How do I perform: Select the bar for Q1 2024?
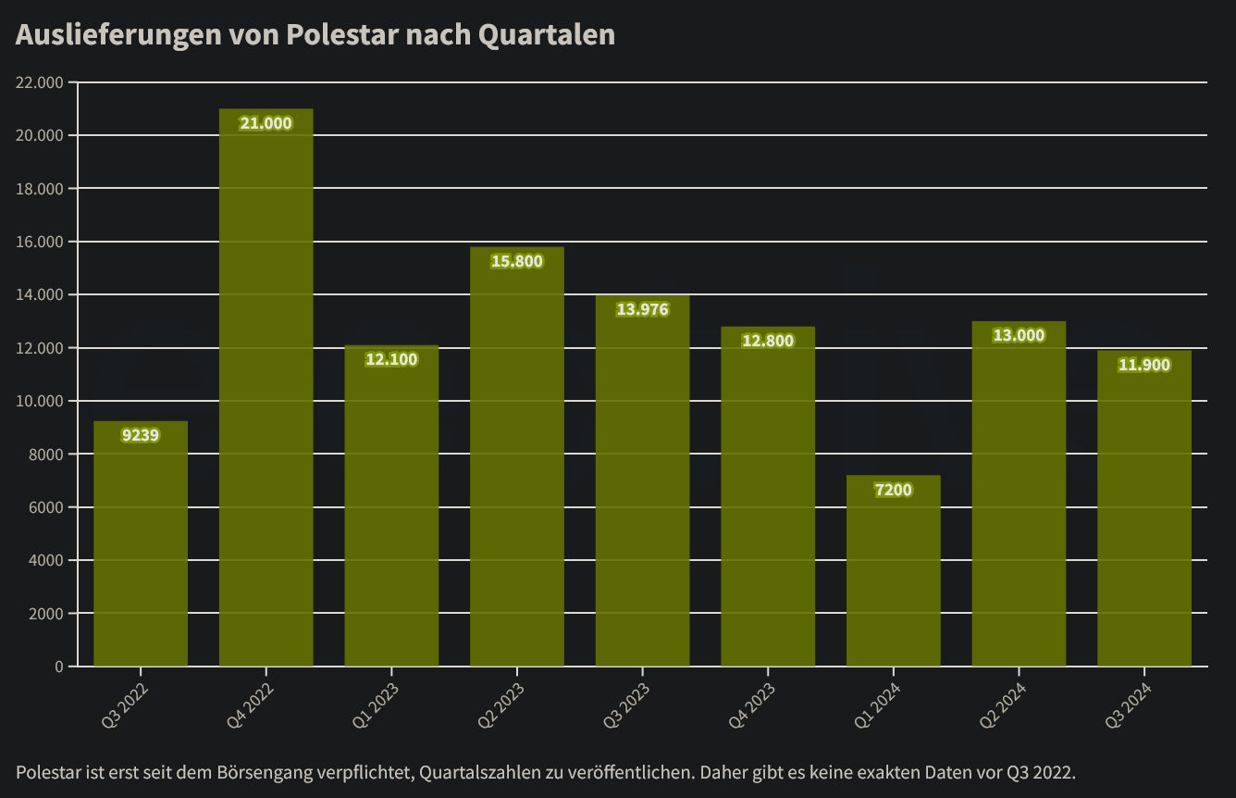click(x=893, y=574)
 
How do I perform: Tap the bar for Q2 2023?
click(x=516, y=463)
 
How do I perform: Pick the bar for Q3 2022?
click(x=141, y=546)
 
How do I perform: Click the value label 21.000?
click(x=266, y=123)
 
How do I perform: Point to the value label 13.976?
click(x=642, y=309)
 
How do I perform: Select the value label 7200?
click(x=893, y=490)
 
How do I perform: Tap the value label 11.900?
click(x=1143, y=365)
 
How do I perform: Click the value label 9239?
click(x=141, y=435)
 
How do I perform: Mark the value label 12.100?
click(x=391, y=359)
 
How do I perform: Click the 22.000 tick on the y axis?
click(x=40, y=82)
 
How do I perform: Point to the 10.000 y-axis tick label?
click(x=40, y=401)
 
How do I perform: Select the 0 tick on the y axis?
click(x=58, y=667)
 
